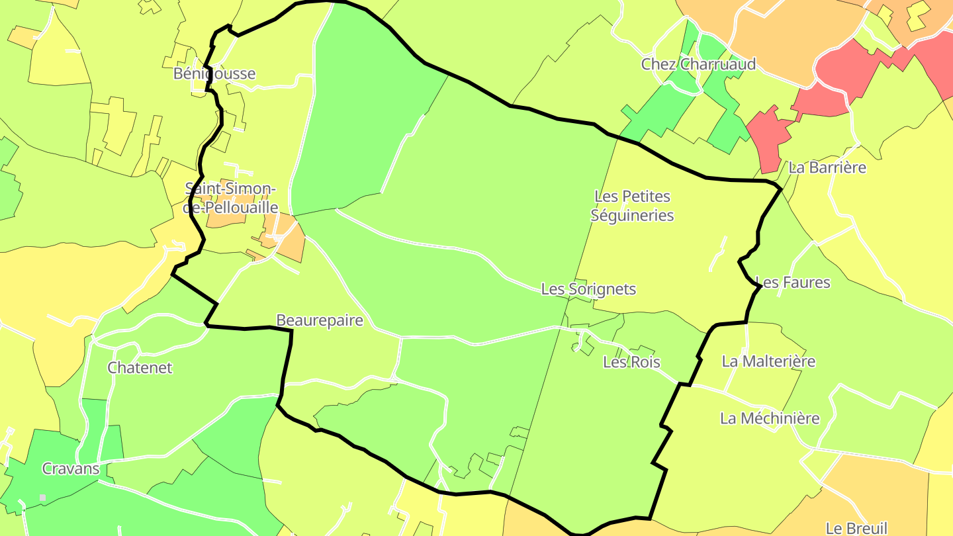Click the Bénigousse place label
[214, 73]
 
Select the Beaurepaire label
[320, 320]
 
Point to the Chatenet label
[140, 368]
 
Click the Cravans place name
[71, 469]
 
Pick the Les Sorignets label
[588, 289]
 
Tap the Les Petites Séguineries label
[633, 206]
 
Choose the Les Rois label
[631, 362]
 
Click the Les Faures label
[793, 283]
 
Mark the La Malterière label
[768, 361]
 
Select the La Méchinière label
[770, 418]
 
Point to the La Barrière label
[827, 167]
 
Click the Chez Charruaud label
[698, 64]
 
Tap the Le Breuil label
[856, 528]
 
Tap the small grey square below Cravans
[43, 498]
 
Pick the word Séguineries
[633, 216]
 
